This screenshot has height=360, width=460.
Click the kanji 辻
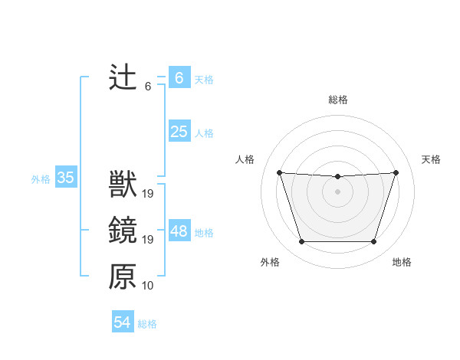123,78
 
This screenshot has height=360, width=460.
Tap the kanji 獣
123,185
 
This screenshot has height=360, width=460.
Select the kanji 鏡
123,231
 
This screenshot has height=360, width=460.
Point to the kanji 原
123,277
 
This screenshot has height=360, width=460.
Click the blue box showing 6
179,78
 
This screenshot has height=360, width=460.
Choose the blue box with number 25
179,132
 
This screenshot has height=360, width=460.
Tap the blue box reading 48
179,231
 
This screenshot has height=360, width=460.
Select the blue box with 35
65,178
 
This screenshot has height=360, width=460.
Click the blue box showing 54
123,322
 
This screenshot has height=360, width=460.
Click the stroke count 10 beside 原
148,286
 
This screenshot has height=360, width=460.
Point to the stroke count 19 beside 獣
148,194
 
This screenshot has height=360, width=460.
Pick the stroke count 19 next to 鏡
148,240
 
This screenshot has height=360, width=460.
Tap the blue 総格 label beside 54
147,324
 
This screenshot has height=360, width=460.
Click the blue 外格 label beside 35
41,179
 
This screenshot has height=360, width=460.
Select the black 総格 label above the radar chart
337,100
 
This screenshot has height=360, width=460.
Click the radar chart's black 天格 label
432,159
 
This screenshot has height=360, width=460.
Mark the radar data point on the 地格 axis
373,242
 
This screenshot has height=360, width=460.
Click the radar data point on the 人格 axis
279,173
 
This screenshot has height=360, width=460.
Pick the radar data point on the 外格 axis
301,242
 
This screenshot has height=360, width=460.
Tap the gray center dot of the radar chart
337,191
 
